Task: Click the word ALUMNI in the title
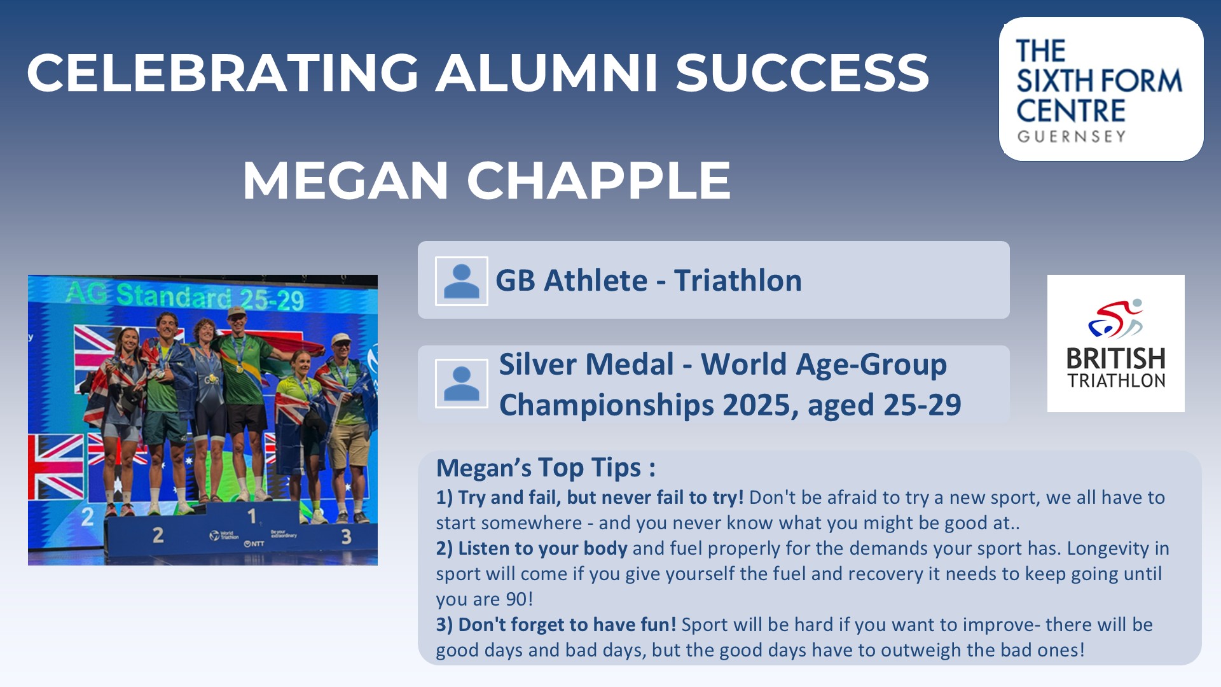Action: [546, 73]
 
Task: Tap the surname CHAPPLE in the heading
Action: [598, 181]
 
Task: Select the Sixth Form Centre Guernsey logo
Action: [1101, 89]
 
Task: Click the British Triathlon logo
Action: [1115, 343]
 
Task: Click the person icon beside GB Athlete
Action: [462, 281]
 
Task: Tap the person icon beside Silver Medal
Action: [462, 384]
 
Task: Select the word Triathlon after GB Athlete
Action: [738, 281]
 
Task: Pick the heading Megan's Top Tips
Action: [546, 468]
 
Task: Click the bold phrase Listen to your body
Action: [542, 549]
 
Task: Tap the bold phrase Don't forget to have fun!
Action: [567, 625]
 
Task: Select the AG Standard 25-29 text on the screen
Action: [185, 296]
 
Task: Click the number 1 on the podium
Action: [252, 516]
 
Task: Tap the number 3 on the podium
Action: [346, 537]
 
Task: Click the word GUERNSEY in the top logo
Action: [1072, 137]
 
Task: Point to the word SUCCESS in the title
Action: [802, 73]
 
